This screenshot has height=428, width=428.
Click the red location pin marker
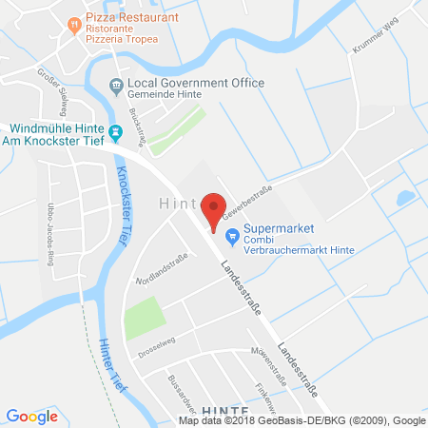coord(216,208)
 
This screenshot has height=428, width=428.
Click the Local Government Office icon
coord(116,86)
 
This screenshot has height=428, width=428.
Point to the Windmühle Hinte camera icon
coord(116,133)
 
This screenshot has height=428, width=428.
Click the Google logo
coord(31,416)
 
